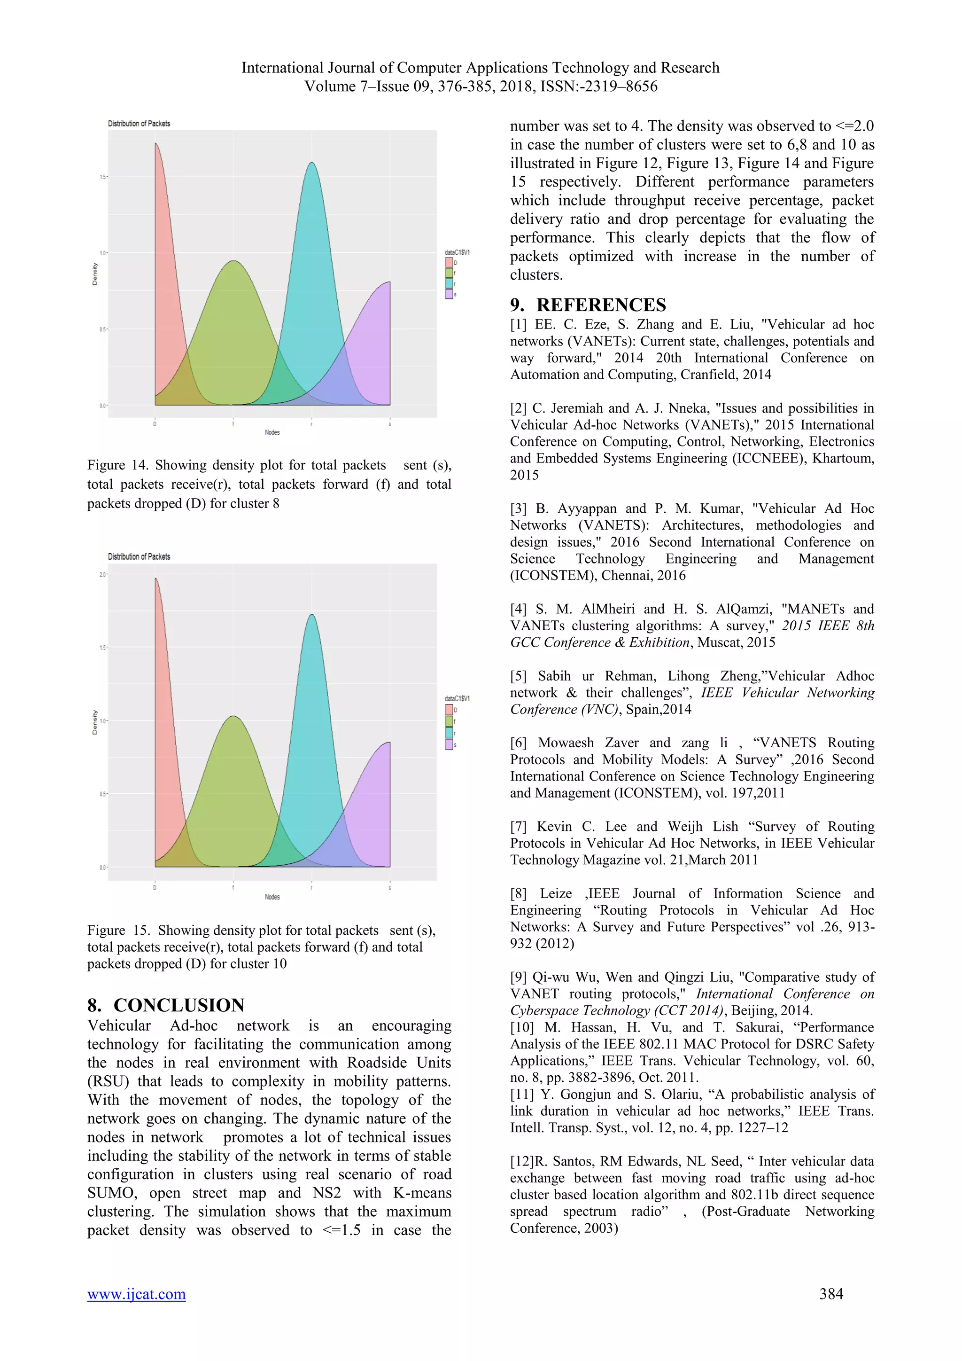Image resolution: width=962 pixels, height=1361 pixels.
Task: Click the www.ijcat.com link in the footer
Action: [x=136, y=1294]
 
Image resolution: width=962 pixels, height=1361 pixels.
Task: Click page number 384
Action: [x=831, y=1293]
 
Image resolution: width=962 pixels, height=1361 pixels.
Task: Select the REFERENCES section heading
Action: [x=588, y=305]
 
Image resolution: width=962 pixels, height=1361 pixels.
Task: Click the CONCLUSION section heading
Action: [x=166, y=1005]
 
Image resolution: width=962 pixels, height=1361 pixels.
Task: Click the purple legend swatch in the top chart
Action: [x=449, y=294]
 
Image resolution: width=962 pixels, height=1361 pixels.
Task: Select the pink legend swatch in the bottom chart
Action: [x=449, y=709]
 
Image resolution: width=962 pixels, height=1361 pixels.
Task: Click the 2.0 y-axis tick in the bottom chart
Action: [x=102, y=574]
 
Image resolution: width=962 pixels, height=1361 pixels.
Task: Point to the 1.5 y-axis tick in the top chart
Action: [x=102, y=177]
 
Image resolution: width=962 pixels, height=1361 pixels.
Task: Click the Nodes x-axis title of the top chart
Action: [x=272, y=432]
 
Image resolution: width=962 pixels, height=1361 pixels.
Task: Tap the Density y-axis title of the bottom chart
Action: [x=95, y=722]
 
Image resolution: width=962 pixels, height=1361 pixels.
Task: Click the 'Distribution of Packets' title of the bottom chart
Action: [x=139, y=556]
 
